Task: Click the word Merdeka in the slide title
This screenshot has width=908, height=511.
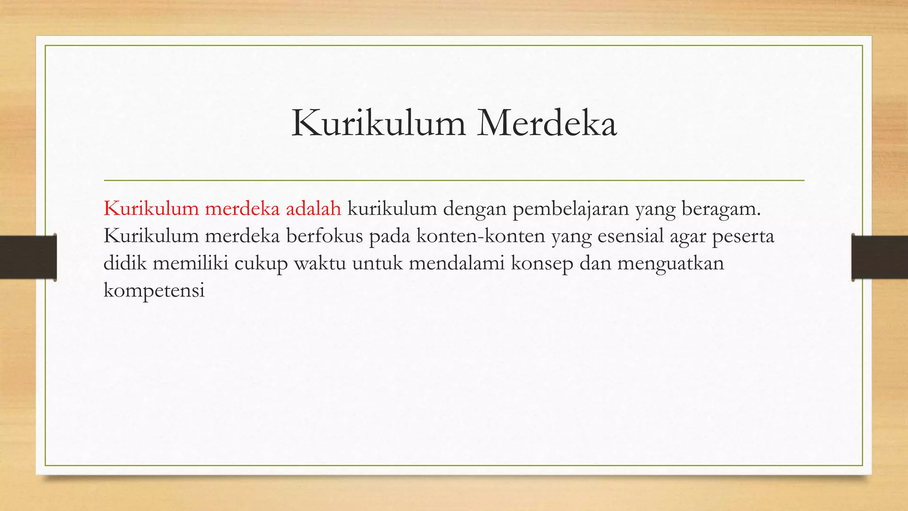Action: (x=547, y=123)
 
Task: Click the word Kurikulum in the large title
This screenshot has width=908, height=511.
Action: (x=378, y=123)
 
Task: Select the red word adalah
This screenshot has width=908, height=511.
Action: (x=313, y=208)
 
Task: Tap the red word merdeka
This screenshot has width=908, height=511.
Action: (x=242, y=208)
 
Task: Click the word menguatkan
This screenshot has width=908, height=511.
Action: (x=670, y=263)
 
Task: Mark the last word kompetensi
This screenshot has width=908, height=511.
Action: (x=154, y=290)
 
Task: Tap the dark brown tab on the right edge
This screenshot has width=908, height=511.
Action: (x=880, y=257)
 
